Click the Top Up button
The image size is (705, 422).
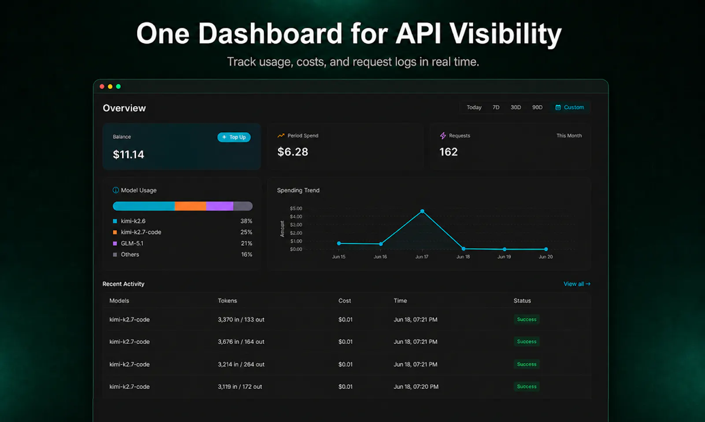click(234, 137)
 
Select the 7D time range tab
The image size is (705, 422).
click(496, 108)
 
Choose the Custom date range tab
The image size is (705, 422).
click(570, 108)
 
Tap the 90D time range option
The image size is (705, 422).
click(537, 108)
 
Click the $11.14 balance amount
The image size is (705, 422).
click(128, 154)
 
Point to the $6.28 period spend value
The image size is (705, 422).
click(293, 152)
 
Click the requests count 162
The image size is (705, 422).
click(449, 152)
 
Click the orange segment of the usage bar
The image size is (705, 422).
click(190, 206)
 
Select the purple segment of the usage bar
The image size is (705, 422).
click(220, 206)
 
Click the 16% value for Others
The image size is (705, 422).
click(246, 254)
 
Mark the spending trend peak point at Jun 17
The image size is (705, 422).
click(423, 211)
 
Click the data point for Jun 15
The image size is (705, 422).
click(339, 243)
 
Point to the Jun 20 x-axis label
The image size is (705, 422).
click(545, 257)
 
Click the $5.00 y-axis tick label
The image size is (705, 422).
click(296, 209)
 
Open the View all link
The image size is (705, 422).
click(577, 284)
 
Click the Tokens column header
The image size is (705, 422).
click(227, 300)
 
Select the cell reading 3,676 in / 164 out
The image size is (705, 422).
click(241, 342)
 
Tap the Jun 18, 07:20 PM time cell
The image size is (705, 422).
click(416, 386)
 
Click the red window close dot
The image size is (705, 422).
click(102, 86)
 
